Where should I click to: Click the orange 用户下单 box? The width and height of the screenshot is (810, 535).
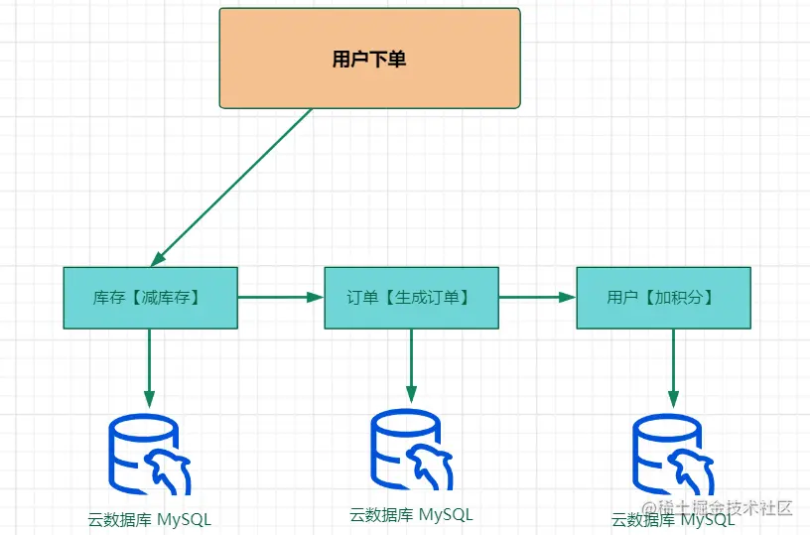(369, 58)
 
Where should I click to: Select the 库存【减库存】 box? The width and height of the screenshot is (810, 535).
(150, 297)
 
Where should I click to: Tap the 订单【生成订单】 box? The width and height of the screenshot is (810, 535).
(411, 297)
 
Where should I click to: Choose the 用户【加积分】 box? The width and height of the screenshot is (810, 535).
(663, 297)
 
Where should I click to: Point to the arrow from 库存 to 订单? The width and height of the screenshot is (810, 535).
(281, 297)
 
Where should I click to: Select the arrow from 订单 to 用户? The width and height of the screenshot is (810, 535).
(537, 297)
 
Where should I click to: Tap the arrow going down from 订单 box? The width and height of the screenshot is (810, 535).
(411, 365)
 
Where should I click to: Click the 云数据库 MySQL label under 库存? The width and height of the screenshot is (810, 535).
(149, 519)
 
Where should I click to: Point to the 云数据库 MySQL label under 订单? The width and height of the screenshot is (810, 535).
(411, 514)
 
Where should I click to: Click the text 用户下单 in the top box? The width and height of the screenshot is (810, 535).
(369, 59)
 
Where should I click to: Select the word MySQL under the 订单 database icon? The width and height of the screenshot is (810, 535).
(446, 514)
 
